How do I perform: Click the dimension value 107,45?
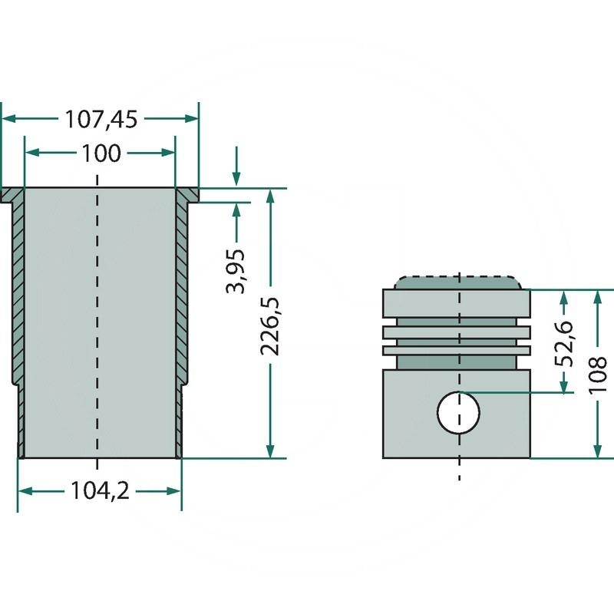(100, 119)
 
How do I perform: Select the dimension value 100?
(100, 153)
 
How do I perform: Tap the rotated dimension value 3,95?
(237, 271)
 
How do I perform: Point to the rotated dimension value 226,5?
(270, 326)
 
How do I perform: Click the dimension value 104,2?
(100, 490)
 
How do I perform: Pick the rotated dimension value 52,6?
(566, 343)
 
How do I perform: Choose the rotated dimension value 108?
(599, 374)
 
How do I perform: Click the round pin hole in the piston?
(458, 412)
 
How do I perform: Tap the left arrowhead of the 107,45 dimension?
(8, 119)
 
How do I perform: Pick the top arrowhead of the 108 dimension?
(599, 297)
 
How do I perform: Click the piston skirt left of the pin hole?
(407, 414)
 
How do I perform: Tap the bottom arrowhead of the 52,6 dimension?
(566, 387)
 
